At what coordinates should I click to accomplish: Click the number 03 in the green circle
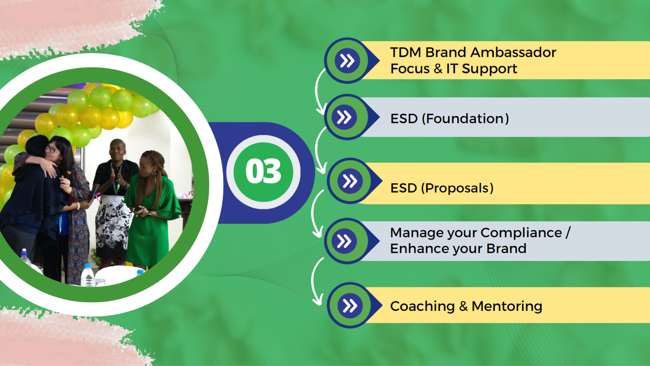click(x=263, y=171)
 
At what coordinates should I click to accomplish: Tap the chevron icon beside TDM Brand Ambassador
click(x=347, y=61)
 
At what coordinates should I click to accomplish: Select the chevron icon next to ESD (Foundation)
click(x=344, y=117)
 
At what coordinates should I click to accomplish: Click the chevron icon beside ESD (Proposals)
click(x=350, y=181)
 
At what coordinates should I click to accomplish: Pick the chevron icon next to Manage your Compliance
click(x=344, y=241)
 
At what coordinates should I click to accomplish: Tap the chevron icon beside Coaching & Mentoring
click(x=350, y=305)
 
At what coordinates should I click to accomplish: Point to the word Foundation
click(x=465, y=119)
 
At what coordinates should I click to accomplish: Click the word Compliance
click(x=521, y=233)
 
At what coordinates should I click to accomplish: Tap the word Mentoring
click(x=507, y=306)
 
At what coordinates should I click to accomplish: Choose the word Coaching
click(x=422, y=306)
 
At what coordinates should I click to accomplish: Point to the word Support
click(x=490, y=69)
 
